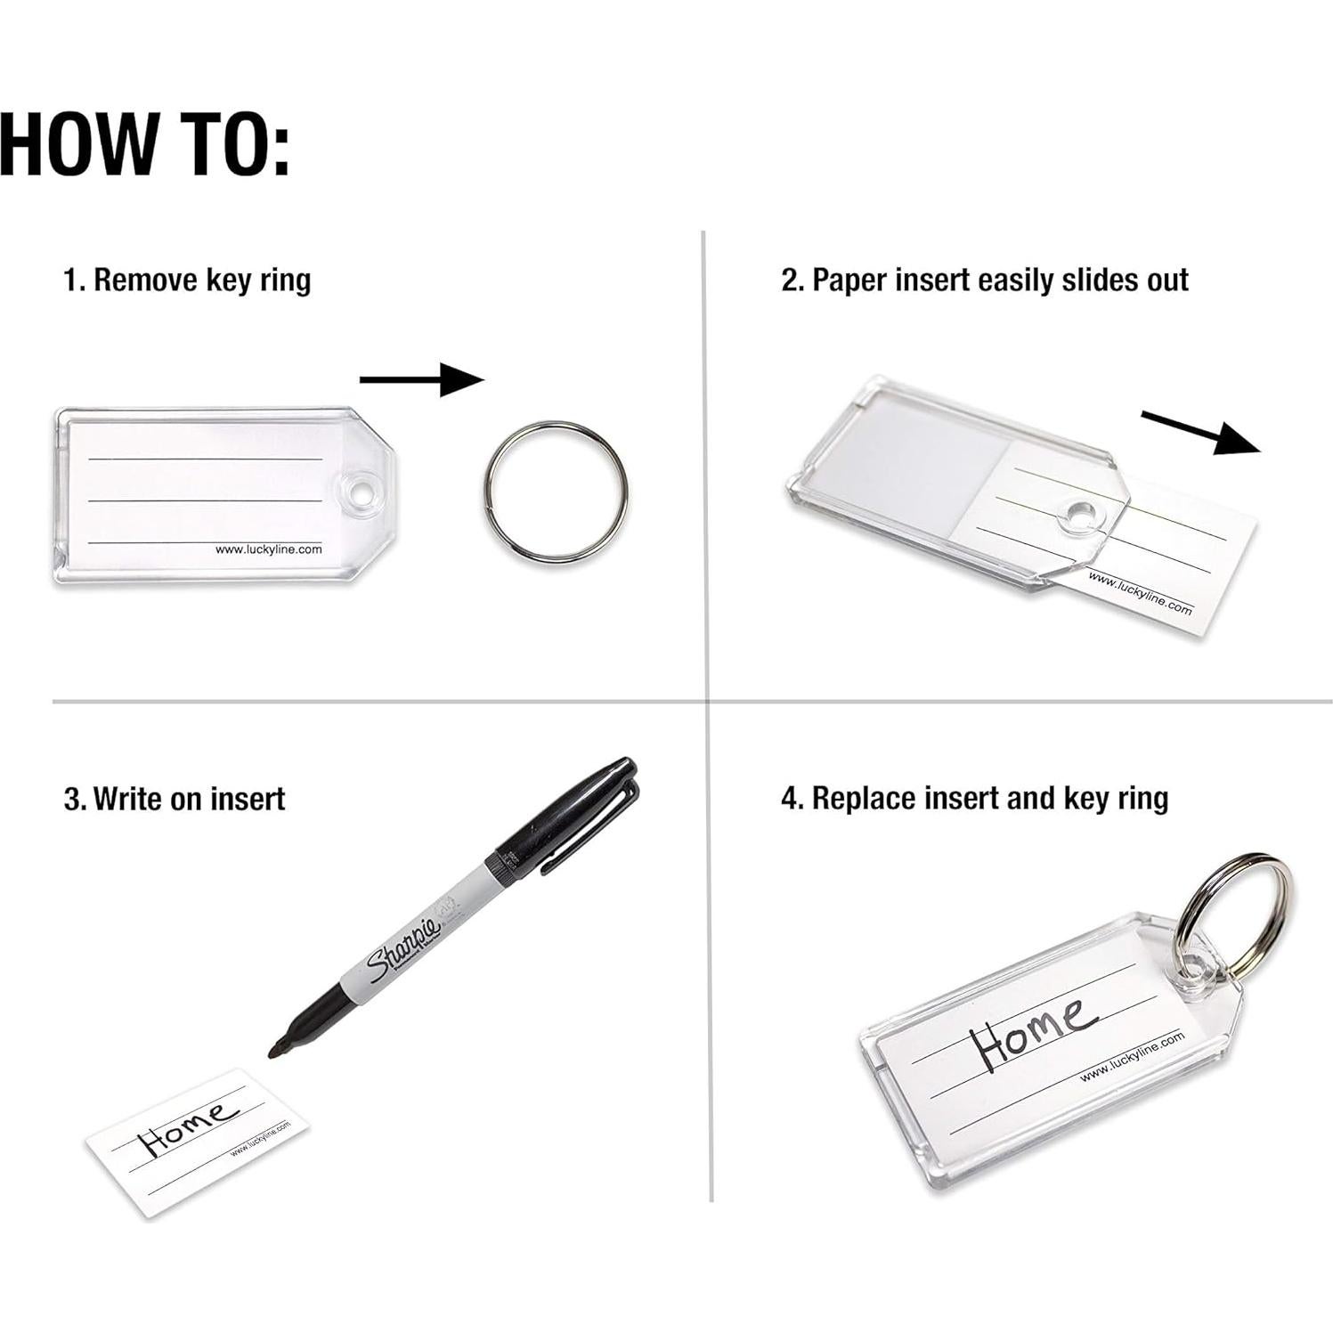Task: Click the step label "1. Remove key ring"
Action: [187, 280]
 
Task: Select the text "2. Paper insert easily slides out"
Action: [984, 280]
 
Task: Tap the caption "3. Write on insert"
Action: [175, 798]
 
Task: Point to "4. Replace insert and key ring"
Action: [974, 798]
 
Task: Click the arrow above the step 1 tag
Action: [421, 380]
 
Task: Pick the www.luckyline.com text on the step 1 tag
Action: [268, 549]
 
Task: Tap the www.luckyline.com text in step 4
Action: [1132, 1056]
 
